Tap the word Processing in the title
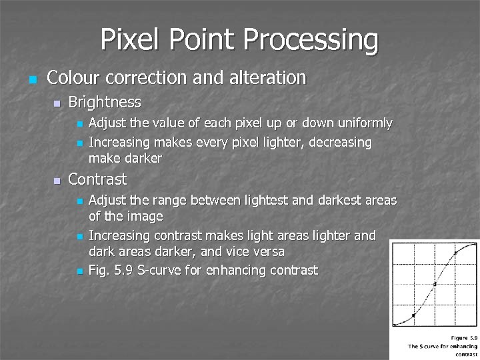(x=311, y=41)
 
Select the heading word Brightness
(x=104, y=102)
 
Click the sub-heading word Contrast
(x=97, y=179)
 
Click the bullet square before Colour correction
(x=31, y=79)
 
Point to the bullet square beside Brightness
(x=57, y=103)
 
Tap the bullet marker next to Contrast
(x=57, y=181)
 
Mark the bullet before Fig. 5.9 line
(x=79, y=271)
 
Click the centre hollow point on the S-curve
(x=435, y=285)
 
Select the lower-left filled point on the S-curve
(x=413, y=315)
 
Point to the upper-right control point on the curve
(x=455, y=253)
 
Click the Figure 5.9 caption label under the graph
(x=464, y=338)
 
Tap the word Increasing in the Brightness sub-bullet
(x=118, y=143)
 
